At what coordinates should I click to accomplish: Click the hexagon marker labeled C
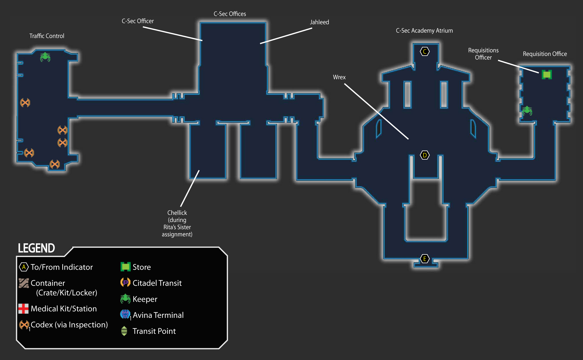[425, 52]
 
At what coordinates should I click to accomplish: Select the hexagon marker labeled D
[425, 155]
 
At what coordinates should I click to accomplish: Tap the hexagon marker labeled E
[425, 259]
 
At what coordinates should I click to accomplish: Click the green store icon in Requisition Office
[547, 75]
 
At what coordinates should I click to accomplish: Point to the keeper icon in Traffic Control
[45, 57]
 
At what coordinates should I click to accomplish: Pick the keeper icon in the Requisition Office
[527, 110]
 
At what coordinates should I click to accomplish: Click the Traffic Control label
[47, 36]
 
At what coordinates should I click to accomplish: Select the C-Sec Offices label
[230, 14]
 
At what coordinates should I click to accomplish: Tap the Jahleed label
[319, 22]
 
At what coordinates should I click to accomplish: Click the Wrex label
[339, 77]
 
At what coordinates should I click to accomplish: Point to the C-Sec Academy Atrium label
[424, 31]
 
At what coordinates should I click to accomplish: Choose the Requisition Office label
[545, 54]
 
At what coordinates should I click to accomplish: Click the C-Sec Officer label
[138, 21]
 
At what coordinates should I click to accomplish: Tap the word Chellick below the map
[177, 213]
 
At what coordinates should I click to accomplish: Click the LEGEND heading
[36, 248]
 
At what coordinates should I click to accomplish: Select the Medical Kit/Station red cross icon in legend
[23, 309]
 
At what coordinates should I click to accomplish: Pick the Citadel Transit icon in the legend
[125, 283]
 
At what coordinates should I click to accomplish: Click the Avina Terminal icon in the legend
[125, 314]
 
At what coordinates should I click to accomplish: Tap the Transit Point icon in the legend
[124, 331]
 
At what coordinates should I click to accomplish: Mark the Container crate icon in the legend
[24, 283]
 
